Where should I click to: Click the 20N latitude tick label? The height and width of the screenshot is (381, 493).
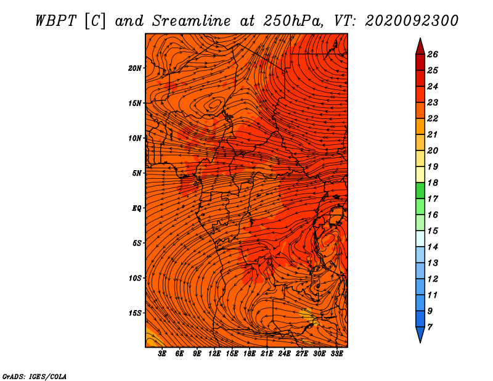point(134,68)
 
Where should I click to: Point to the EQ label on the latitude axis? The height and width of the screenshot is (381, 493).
point(136,208)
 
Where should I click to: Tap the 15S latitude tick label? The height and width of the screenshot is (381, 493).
point(134,313)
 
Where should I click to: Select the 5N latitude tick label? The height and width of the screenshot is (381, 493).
point(136,173)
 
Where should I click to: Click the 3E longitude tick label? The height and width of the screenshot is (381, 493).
point(162,354)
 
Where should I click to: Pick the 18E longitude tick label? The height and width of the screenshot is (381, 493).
point(250,354)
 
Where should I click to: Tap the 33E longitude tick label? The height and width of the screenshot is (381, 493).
point(336,354)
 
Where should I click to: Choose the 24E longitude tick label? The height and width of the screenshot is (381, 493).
point(284,354)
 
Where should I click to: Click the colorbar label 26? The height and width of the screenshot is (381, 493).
point(433,54)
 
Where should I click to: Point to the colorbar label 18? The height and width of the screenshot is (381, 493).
point(433,182)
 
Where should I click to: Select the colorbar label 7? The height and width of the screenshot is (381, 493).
point(430,327)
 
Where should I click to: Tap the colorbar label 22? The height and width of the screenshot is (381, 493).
point(433,118)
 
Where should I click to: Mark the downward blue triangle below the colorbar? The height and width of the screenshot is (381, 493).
point(420,334)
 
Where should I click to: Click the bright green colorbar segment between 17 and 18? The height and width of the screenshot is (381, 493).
point(420,190)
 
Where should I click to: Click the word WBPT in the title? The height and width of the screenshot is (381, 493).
point(55,21)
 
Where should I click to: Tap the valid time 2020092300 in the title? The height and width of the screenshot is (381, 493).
point(412,21)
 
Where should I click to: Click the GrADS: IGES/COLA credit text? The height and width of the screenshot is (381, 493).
point(35,376)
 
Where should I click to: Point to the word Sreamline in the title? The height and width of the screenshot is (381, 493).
point(192,21)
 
